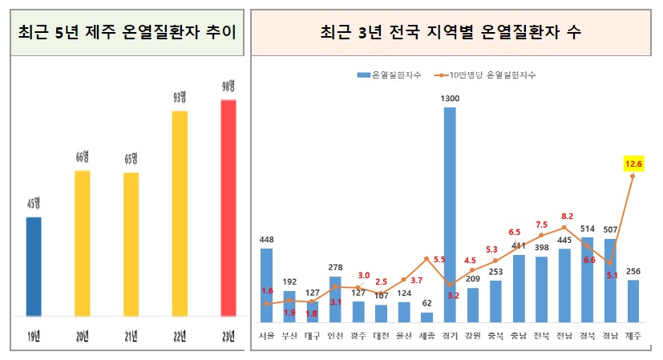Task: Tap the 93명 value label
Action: click(x=180, y=98)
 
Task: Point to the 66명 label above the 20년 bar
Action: click(x=83, y=156)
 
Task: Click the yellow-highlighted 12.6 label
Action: click(x=633, y=164)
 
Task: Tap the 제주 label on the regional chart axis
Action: click(x=633, y=334)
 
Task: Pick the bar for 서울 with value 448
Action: click(x=266, y=285)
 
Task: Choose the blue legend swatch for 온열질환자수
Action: click(x=363, y=75)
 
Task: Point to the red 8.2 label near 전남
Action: click(x=567, y=216)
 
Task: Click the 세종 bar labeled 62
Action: click(x=427, y=316)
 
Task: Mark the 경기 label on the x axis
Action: click(x=450, y=334)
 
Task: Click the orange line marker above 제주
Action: click(x=633, y=176)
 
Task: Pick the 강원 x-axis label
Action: click(x=472, y=334)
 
